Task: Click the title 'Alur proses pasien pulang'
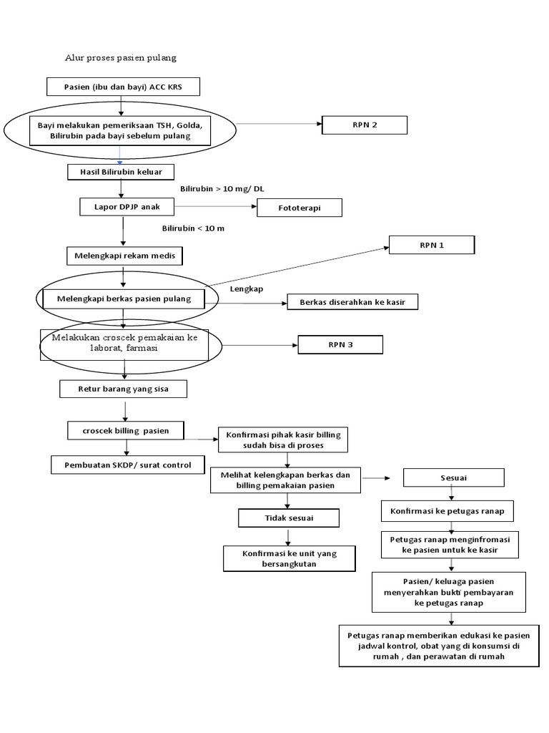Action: pyautogui.click(x=120, y=57)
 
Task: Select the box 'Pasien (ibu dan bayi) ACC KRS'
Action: pyautogui.click(x=123, y=87)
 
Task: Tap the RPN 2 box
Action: pyautogui.click(x=365, y=125)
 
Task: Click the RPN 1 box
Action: pyautogui.click(x=432, y=245)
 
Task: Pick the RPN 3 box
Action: pyautogui.click(x=341, y=345)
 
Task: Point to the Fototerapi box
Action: pyautogui.click(x=300, y=208)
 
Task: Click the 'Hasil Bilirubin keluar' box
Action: pyautogui.click(x=121, y=173)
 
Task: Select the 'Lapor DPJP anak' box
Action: pyautogui.click(x=126, y=206)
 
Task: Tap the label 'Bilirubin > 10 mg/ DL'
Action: pyautogui.click(x=222, y=189)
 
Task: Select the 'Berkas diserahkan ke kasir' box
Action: pyautogui.click(x=352, y=302)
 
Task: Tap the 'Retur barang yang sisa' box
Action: pyautogui.click(x=123, y=389)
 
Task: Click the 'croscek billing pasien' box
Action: pyautogui.click(x=125, y=430)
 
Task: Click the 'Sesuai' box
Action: pyautogui.click(x=454, y=477)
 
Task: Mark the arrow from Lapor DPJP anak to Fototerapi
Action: pyautogui.click(x=215, y=207)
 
